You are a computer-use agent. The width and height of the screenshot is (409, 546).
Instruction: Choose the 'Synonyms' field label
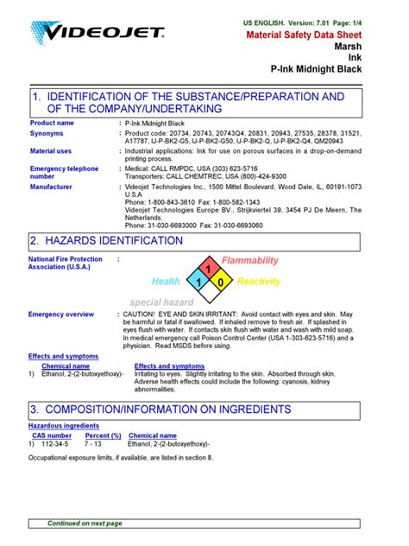point(47,134)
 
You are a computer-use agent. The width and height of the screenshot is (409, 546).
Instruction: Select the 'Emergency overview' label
point(61,314)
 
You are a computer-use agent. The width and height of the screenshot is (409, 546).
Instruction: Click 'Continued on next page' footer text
point(85,524)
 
